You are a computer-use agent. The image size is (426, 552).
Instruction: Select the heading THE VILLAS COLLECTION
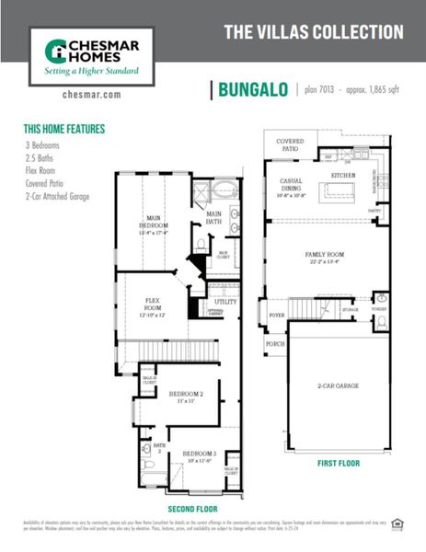tap(314, 32)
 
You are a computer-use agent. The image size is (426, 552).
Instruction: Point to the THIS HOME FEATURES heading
tap(64, 130)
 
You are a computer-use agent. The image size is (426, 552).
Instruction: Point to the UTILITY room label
tap(225, 301)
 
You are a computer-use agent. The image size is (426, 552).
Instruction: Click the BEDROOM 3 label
tap(199, 454)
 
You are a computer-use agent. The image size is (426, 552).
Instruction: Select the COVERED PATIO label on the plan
tap(291, 145)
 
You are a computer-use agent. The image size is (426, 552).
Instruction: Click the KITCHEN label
tap(342, 174)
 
